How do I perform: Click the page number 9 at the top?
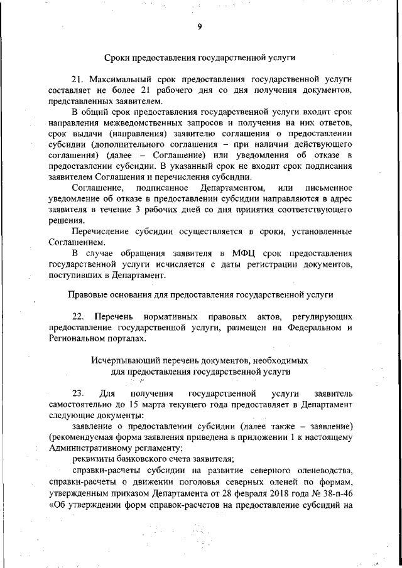pyautogui.click(x=199, y=26)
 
